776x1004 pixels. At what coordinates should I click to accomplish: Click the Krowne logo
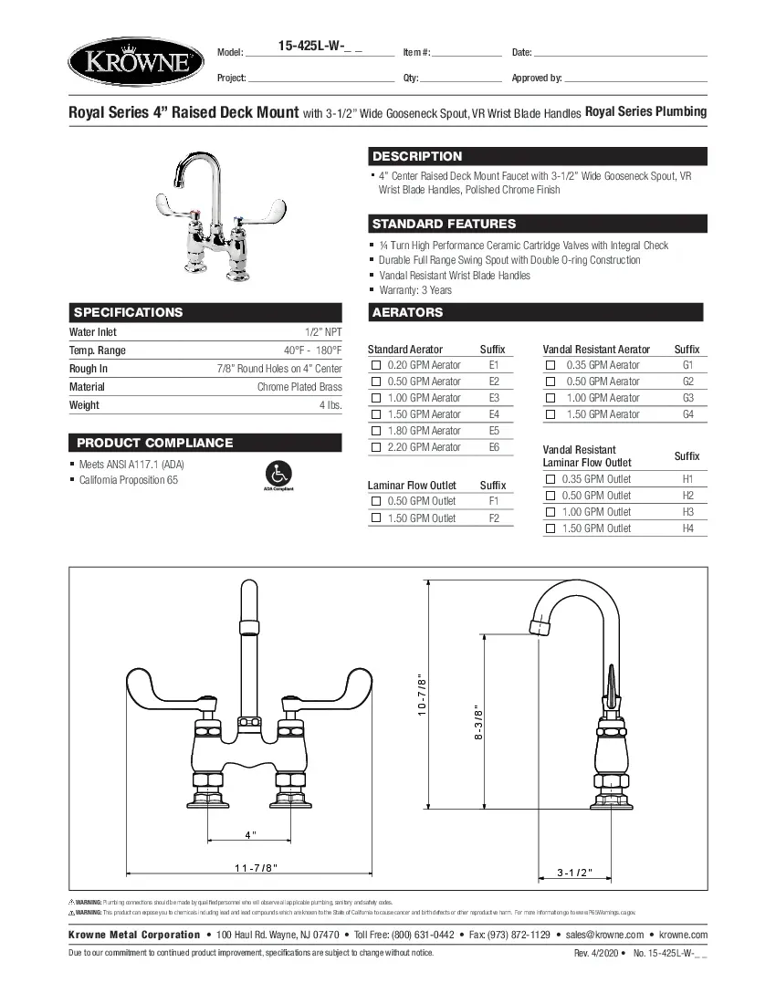coord(131,63)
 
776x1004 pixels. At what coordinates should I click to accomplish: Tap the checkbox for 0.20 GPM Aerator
coord(375,365)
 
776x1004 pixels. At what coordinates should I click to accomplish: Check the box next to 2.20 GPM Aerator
coord(375,447)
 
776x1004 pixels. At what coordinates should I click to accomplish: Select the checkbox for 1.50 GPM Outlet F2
coord(375,518)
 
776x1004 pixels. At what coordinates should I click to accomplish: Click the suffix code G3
coord(687,398)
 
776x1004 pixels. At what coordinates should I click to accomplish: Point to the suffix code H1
coord(687,479)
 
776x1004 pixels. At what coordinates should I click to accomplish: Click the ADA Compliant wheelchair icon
coord(278,475)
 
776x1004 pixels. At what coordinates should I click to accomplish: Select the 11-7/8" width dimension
coord(257,867)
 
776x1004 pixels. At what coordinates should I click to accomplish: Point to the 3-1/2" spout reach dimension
coord(575,873)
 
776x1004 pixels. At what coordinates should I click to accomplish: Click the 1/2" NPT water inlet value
coord(323,332)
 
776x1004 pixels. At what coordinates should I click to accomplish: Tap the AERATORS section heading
coord(407,312)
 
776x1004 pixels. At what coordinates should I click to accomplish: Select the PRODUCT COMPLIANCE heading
coord(154,443)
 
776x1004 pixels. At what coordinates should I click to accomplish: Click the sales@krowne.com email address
coord(604,935)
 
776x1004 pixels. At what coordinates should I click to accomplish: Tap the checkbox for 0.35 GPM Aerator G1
coord(551,365)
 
